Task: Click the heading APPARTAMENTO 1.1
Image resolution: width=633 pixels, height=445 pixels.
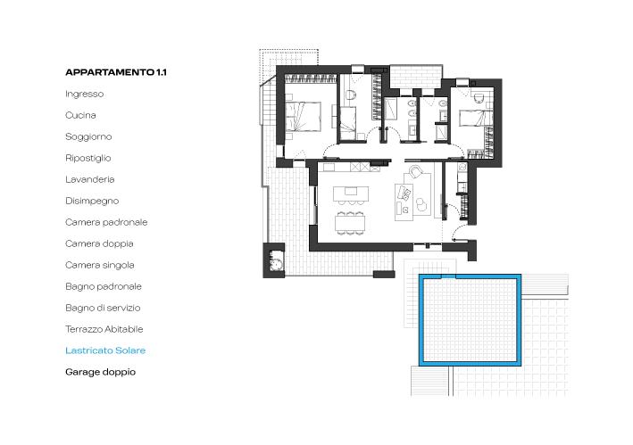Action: pos(116,72)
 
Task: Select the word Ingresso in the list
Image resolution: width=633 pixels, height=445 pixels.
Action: pos(85,94)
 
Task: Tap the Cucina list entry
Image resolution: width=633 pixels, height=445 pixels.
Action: pos(80,115)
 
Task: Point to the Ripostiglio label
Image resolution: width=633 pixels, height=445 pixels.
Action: pos(88,158)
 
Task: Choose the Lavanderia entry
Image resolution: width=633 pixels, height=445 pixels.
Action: pos(90,179)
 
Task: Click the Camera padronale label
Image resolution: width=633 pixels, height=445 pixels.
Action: pos(106,222)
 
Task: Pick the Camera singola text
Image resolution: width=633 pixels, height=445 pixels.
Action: pos(100,265)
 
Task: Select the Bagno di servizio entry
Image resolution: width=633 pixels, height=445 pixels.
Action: pos(103,308)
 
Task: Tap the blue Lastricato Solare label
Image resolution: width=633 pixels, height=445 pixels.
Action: pos(105,350)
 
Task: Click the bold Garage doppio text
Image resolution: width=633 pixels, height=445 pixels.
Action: pos(101,372)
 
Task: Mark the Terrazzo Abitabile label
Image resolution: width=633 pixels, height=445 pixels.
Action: pos(104,329)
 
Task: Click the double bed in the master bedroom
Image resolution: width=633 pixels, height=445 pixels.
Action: pos(304,117)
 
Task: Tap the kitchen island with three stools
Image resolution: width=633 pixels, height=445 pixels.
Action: pos(351,194)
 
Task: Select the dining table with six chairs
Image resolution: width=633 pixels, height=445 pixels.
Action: pos(350,223)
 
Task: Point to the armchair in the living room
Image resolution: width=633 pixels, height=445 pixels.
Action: pos(415,172)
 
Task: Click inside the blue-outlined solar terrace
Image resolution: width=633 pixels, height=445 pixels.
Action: pos(470,320)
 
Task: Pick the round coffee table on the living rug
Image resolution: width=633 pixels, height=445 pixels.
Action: pos(421,205)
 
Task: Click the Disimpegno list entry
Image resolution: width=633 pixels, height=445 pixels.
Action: pos(92,201)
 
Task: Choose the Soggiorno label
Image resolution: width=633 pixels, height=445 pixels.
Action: pos(88,136)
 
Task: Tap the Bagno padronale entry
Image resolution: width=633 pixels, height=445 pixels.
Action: pos(104,286)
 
